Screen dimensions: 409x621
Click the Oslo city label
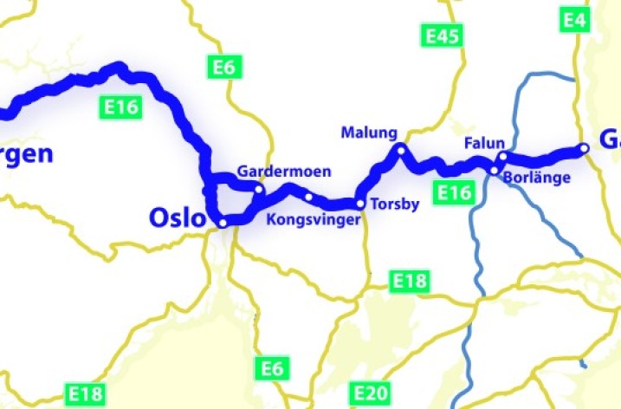[x=178, y=217]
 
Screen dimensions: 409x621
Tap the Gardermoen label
[x=283, y=172]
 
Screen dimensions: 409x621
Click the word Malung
[x=368, y=133]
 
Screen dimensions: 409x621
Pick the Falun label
[x=483, y=141]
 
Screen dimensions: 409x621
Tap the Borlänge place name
[x=537, y=179]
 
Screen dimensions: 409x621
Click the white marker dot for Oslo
[x=223, y=223]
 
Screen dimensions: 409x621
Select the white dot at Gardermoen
[x=259, y=188]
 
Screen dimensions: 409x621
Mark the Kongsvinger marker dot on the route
[x=308, y=198]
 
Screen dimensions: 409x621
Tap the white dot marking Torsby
[x=360, y=204]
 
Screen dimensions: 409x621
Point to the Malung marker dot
[x=400, y=149]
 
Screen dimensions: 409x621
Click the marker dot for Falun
[x=501, y=157]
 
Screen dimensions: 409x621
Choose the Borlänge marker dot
[x=494, y=170]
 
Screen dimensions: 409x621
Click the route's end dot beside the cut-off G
[x=585, y=149]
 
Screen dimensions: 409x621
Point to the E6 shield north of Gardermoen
[x=223, y=67]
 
